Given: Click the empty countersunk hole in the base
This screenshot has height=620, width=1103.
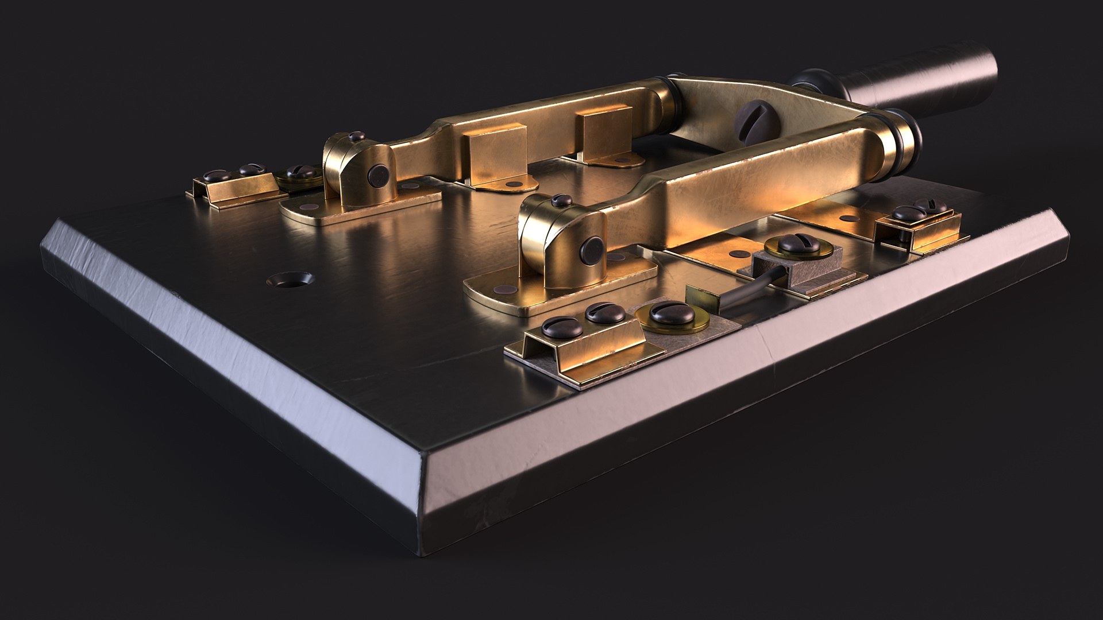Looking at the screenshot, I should click(290, 280).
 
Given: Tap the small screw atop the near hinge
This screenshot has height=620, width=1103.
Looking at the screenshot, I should click(561, 201).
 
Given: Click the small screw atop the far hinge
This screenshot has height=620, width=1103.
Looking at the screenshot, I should click(356, 137).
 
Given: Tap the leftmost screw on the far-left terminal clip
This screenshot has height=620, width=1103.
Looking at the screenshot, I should click(218, 175).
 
